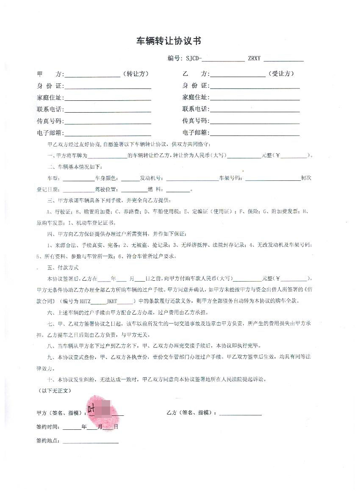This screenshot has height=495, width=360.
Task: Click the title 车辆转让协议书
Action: pos(168,41)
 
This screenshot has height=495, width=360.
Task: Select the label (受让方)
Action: pos(282,74)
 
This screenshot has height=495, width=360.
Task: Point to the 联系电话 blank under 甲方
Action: pos(108,110)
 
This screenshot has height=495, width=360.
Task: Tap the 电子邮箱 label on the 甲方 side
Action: pos(50,133)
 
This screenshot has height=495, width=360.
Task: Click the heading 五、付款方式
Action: pos(63,268)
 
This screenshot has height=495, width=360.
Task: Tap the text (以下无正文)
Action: pos(53,391)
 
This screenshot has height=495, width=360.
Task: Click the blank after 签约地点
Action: pos(91,442)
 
